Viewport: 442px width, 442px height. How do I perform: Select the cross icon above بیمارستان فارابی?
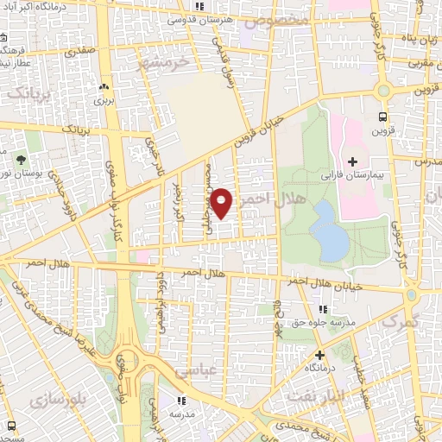351,161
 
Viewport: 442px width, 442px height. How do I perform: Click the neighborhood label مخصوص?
282,18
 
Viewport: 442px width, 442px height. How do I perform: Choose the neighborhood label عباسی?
199,370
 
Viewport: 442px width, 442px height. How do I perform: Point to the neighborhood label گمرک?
398,321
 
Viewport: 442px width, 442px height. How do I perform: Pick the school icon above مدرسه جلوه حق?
322,309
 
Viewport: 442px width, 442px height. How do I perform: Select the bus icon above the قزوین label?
382,117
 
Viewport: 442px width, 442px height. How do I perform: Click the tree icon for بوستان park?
22,159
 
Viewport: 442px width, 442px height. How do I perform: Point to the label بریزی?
104,101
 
